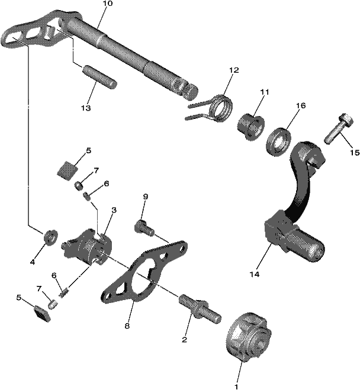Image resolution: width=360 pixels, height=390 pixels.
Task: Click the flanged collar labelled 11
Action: tap(250, 126)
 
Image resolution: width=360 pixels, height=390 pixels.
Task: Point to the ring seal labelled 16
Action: tap(279, 142)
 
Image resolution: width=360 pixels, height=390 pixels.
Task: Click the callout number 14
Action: tap(255, 275)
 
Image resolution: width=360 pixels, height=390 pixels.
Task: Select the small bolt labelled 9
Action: tap(144, 228)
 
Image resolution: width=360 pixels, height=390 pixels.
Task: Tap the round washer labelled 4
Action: tap(51, 237)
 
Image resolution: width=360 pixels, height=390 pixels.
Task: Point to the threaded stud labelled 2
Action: tap(200, 309)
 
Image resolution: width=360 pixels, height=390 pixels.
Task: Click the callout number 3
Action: tap(114, 211)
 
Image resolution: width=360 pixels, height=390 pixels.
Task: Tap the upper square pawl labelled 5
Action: tap(67, 170)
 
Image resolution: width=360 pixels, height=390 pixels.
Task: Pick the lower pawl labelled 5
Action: tap(42, 314)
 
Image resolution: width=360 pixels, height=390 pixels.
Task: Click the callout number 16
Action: tap(301, 106)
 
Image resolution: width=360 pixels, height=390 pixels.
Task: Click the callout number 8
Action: tap(127, 326)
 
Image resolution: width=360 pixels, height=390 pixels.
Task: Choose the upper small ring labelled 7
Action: tap(79, 185)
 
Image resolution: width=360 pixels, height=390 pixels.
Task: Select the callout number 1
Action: tap(236, 387)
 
